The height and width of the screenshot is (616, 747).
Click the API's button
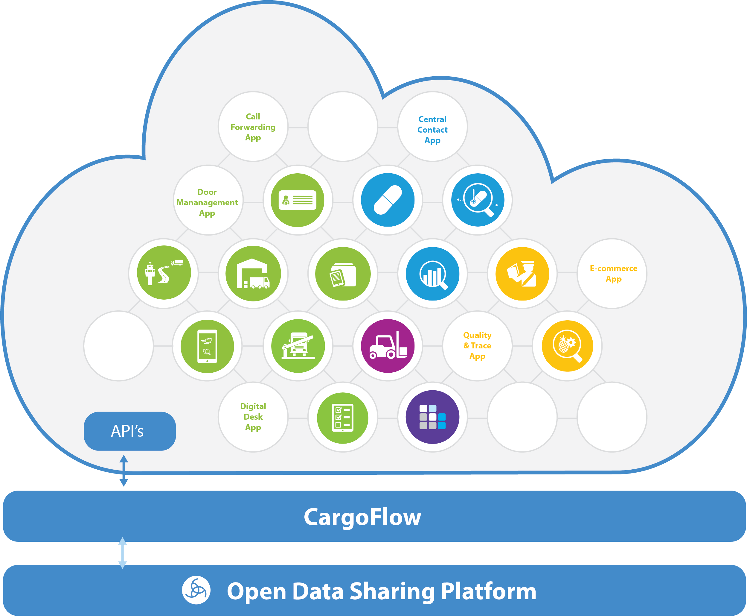click(129, 431)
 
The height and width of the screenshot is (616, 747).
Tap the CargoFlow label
click(362, 517)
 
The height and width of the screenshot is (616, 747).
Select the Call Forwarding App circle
click(253, 127)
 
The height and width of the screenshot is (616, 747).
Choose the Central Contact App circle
click(432, 130)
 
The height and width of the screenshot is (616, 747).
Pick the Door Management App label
click(207, 202)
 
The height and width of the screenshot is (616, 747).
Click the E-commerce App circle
click(613, 273)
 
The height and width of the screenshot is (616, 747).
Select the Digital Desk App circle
click(253, 417)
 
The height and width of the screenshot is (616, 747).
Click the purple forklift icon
click(388, 346)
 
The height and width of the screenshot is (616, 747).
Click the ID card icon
click(298, 200)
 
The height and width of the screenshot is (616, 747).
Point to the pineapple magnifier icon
click(567, 346)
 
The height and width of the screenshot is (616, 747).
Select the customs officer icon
click(522, 274)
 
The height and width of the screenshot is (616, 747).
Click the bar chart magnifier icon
click(432, 274)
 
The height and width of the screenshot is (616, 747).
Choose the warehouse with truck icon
click(253, 274)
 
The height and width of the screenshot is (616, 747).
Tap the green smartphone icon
click(208, 346)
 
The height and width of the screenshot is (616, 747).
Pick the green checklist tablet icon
click(342, 418)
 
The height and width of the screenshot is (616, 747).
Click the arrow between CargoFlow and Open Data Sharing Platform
click(122, 553)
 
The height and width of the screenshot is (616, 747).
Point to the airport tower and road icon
click(164, 272)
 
